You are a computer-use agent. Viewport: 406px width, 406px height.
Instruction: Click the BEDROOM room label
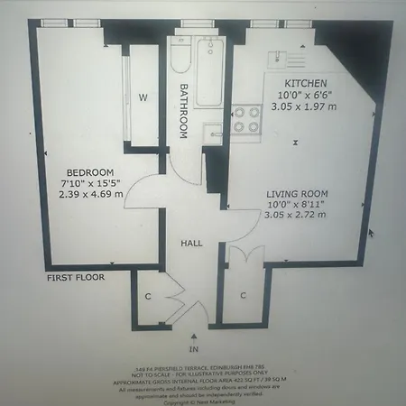89,172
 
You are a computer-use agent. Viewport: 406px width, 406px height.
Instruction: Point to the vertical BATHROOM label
182,111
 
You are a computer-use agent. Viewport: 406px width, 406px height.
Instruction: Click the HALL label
191,244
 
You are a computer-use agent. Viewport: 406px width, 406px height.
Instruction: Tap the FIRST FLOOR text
76,279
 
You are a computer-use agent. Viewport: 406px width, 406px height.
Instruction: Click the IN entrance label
192,348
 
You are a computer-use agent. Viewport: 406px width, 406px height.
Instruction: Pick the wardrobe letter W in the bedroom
143,97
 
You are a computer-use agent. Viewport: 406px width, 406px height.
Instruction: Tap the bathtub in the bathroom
210,72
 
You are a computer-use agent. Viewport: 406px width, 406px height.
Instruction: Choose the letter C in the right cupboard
243,295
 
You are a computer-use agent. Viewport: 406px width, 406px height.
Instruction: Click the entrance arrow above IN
192,335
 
